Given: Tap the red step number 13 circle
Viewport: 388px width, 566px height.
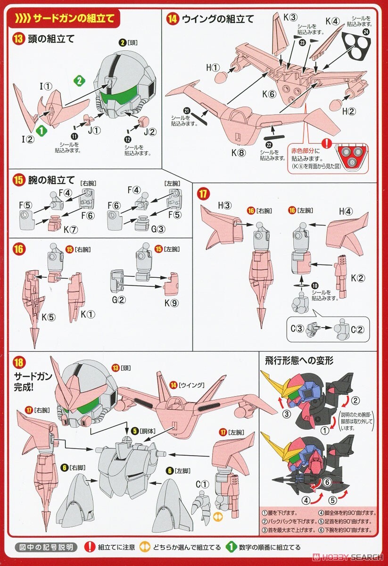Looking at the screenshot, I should click(18, 39).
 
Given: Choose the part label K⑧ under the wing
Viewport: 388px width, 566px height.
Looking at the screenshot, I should click(239, 152).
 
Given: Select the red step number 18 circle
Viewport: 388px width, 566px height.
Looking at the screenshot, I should click(19, 362).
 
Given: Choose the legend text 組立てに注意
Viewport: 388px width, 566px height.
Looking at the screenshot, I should click(116, 547).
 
